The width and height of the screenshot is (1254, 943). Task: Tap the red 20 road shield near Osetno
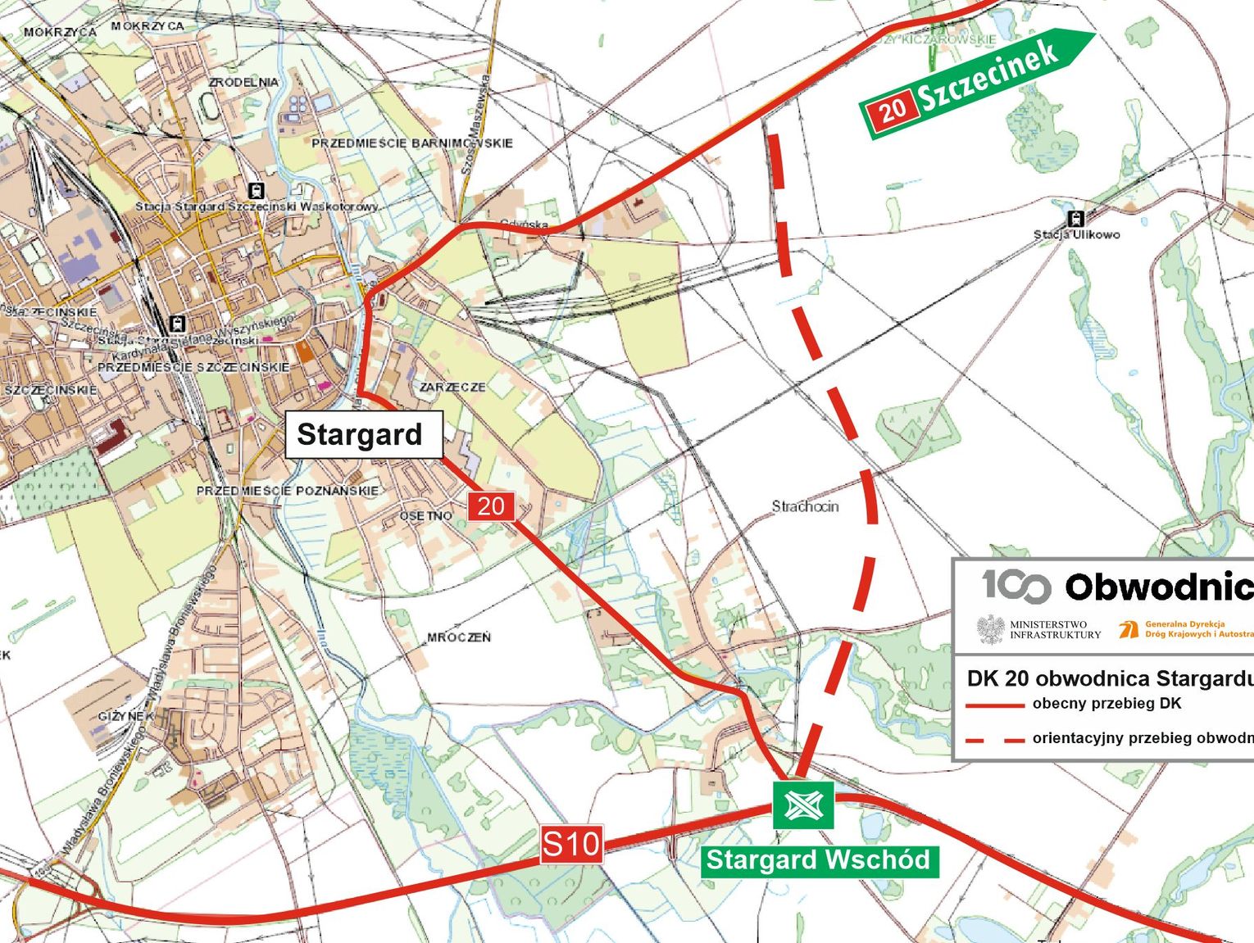(x=491, y=506)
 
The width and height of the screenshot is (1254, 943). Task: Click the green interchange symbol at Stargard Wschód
(x=803, y=805)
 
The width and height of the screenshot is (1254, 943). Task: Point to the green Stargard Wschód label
(x=819, y=860)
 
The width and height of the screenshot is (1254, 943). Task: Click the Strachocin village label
(x=805, y=506)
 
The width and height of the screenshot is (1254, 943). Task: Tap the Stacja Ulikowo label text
(x=1076, y=235)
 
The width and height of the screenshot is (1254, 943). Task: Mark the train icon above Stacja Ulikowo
(x=1076, y=219)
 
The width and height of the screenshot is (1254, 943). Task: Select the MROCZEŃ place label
(x=458, y=637)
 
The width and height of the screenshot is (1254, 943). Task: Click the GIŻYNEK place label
(x=125, y=716)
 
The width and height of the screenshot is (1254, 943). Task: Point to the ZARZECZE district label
(x=452, y=387)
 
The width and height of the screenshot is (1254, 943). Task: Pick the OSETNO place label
(x=425, y=516)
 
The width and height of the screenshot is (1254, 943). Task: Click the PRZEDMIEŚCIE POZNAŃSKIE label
(x=287, y=491)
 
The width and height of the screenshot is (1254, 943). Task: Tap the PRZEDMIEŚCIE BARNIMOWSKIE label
(x=411, y=143)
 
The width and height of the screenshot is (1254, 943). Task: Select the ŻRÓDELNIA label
(x=243, y=83)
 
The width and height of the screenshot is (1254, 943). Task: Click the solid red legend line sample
(x=995, y=705)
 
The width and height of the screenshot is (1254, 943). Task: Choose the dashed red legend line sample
(x=995, y=740)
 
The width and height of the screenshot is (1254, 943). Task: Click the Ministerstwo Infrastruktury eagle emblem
(x=991, y=629)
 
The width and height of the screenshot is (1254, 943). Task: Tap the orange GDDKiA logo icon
(x=1129, y=629)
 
